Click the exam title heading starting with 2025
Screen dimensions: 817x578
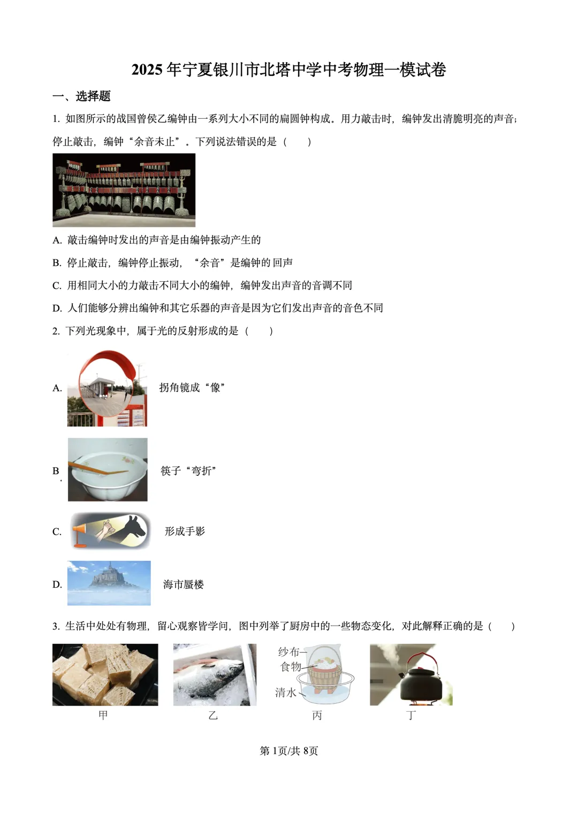pyautogui.click(x=288, y=70)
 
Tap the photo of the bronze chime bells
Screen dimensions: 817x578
pyautogui.click(x=124, y=190)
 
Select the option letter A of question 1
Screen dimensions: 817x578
pyautogui.click(x=57, y=241)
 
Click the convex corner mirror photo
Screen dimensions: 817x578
pyautogui.click(x=107, y=388)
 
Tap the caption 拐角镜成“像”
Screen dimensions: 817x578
pyautogui.click(x=192, y=388)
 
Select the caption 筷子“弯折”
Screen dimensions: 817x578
pyautogui.click(x=188, y=471)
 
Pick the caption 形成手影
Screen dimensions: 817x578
pyautogui.click(x=185, y=531)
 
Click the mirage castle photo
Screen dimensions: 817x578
pyautogui.click(x=109, y=583)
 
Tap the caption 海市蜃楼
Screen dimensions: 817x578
pyautogui.click(x=184, y=584)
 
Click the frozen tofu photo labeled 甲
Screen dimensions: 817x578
pyautogui.click(x=105, y=674)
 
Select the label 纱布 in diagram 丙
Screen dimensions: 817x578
pyautogui.click(x=288, y=652)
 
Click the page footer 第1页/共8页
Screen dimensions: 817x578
pyautogui.click(x=288, y=751)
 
